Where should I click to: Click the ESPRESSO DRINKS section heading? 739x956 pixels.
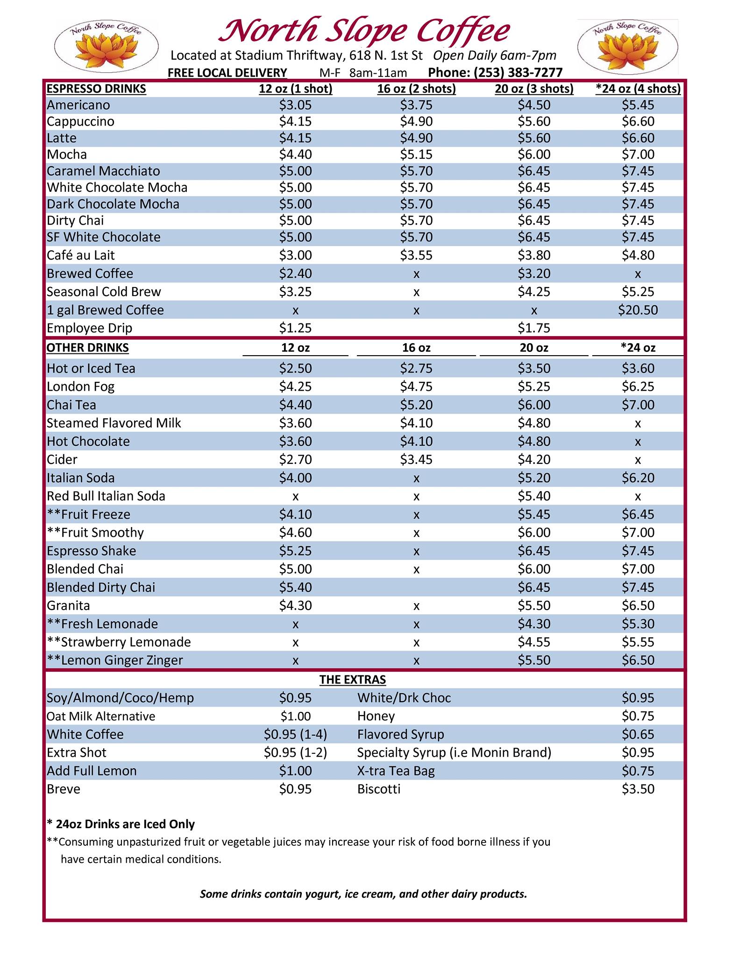96,89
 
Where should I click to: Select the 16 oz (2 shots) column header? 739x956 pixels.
416,89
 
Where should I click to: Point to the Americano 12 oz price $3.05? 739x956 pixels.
295,105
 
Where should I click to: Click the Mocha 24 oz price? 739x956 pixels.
638,155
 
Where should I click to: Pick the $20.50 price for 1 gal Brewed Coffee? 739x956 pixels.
638,310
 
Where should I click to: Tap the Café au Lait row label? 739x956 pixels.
80,255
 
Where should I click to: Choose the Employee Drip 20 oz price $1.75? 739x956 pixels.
534,328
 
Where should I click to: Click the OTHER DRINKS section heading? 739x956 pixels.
88,348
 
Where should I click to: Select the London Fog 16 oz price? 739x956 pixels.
416,387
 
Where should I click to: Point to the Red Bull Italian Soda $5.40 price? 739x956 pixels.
534,496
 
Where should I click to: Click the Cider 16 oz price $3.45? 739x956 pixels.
416,459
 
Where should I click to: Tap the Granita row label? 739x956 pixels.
68,605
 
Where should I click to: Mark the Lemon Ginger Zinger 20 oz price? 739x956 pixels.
534,660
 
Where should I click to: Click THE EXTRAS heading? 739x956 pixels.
353,680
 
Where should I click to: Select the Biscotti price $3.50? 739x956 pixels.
638,789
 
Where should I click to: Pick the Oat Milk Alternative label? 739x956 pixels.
101,716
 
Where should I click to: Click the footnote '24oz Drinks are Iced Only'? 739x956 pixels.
121,824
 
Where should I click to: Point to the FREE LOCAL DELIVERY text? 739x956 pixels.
227,72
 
